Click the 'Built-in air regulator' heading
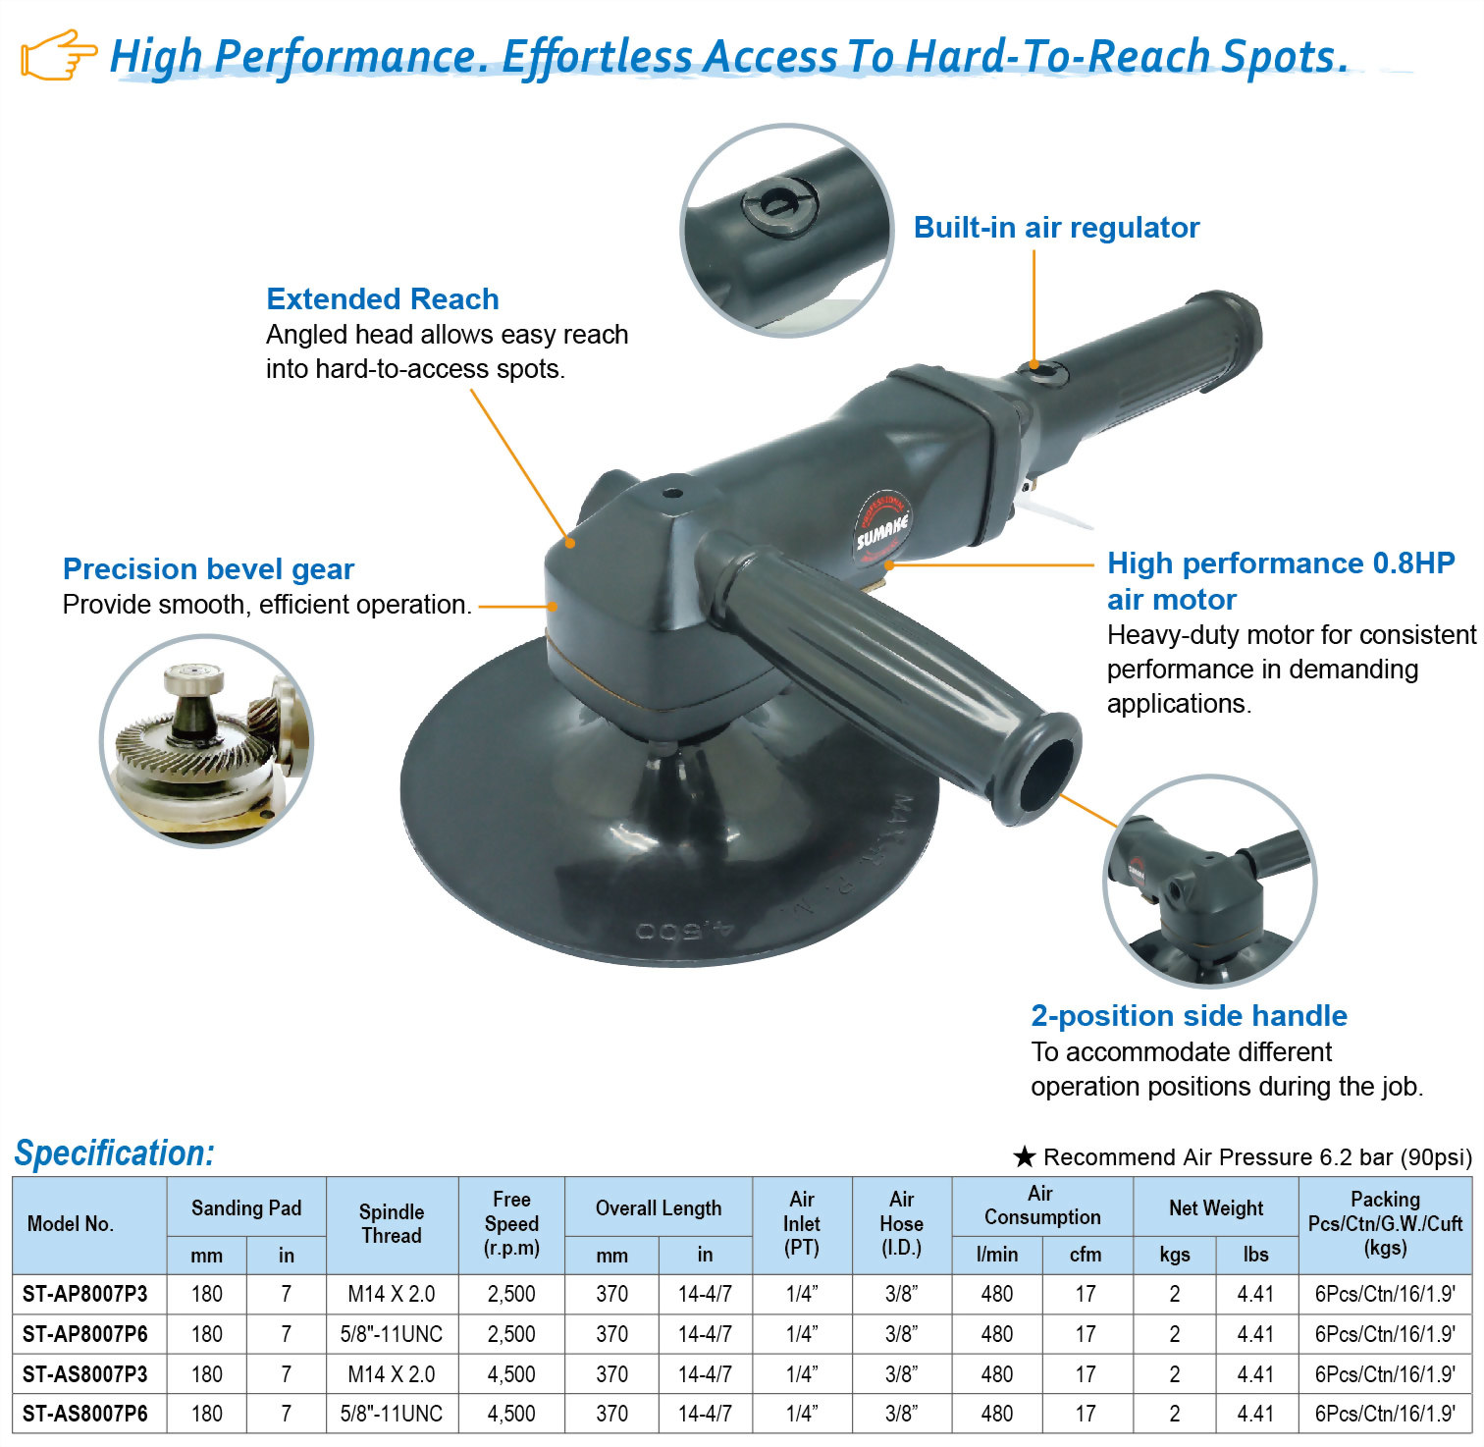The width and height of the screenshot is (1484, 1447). [x=1056, y=228]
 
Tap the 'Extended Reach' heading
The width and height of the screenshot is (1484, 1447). [x=383, y=298]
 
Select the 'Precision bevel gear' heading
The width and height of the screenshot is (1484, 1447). [x=208, y=569]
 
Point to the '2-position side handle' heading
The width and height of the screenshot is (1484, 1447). [x=1189, y=1016]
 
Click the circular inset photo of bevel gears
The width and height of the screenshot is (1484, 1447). [x=207, y=741]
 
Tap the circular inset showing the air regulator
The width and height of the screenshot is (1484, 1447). [x=787, y=231]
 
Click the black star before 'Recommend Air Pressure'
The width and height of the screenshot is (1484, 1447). [x=1025, y=1156]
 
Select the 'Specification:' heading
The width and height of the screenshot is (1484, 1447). [x=114, y=1152]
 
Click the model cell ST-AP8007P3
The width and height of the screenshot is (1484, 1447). [x=85, y=1294]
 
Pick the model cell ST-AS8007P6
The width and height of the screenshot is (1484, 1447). [x=85, y=1414]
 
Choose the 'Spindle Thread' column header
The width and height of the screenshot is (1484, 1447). [x=392, y=1224]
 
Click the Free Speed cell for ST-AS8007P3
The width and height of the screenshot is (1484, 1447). [x=511, y=1374]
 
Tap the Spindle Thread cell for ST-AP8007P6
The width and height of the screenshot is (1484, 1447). [x=392, y=1334]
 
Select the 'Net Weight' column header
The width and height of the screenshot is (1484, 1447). [x=1216, y=1208]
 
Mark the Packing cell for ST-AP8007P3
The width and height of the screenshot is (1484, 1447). [x=1385, y=1294]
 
